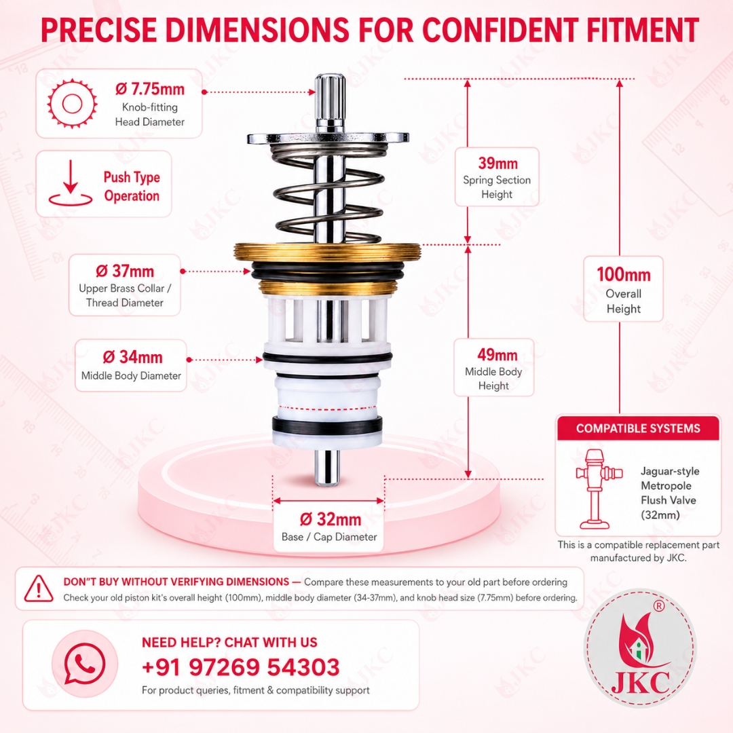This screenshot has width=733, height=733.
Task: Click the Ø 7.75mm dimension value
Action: [149, 89]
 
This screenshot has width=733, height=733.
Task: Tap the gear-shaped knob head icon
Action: [72, 103]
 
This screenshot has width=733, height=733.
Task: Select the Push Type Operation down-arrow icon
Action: [70, 183]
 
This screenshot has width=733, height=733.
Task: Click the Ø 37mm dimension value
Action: [125, 271]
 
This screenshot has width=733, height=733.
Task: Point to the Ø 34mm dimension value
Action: [132, 357]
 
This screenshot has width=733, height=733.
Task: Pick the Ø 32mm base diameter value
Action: [330, 519]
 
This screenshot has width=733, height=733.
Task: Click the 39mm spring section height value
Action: [498, 163]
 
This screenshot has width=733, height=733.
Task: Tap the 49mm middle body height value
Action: [497, 354]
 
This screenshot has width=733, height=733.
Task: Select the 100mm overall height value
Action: [624, 274]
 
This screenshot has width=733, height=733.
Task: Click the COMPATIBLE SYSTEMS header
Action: [638, 428]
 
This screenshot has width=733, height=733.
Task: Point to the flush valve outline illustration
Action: [599, 489]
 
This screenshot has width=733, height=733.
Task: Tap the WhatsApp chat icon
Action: [85, 664]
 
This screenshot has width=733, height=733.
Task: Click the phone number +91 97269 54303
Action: [241, 667]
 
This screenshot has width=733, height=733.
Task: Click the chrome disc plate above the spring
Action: [328, 137]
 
